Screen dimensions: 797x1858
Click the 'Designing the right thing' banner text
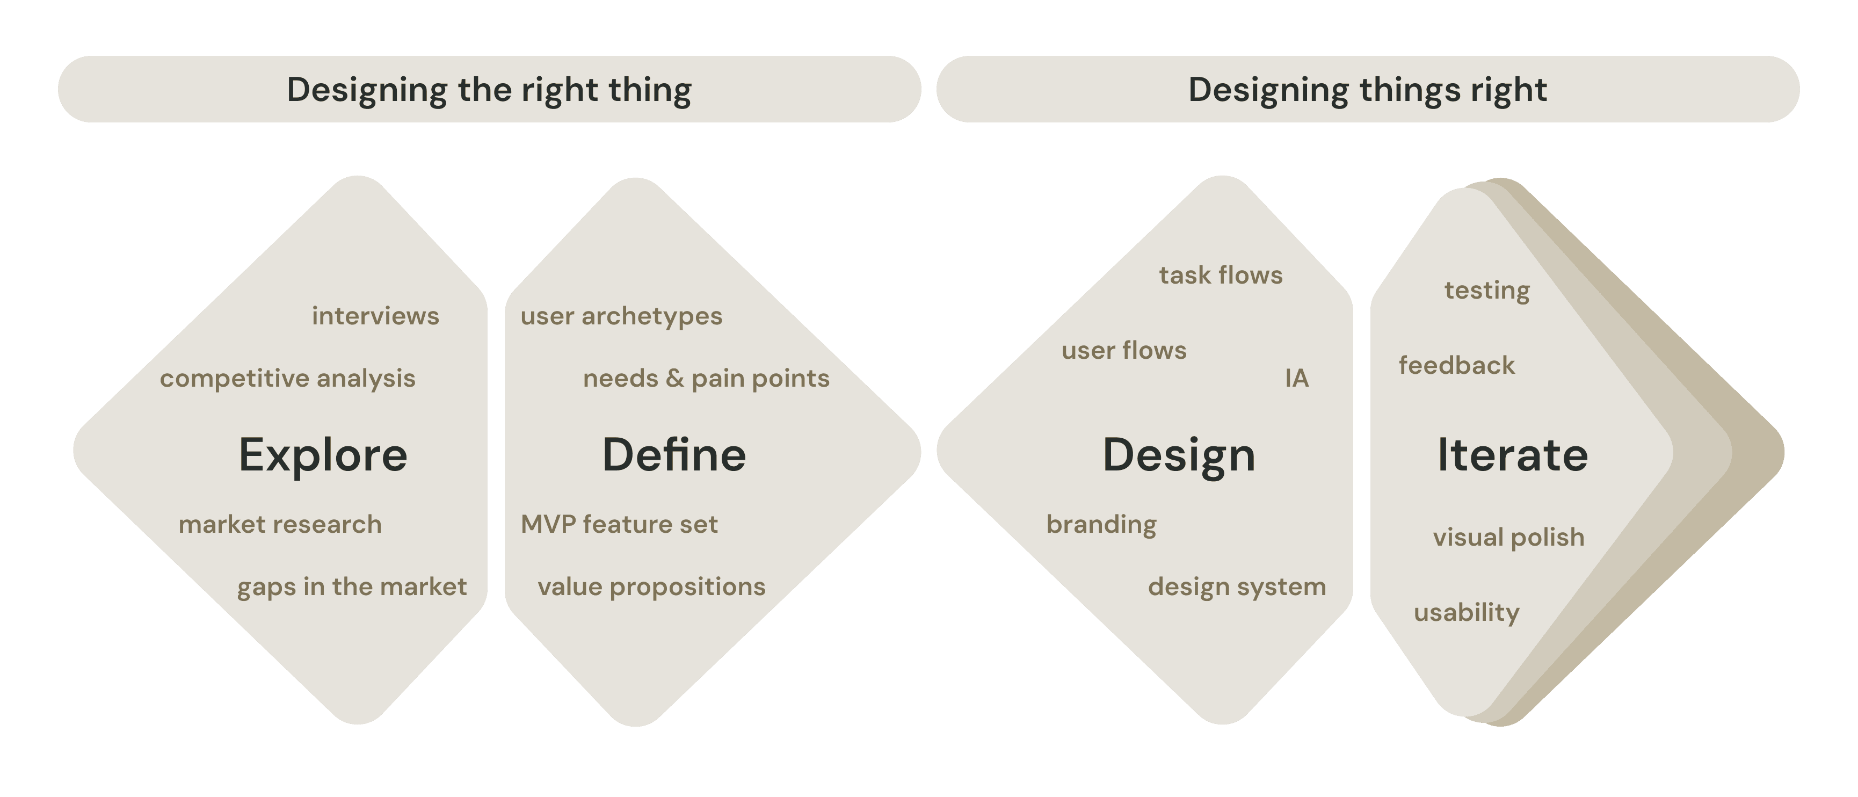click(x=489, y=90)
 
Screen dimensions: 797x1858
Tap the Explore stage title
click(x=323, y=455)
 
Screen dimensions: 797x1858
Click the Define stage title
click(x=674, y=455)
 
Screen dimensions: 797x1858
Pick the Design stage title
click(x=1179, y=455)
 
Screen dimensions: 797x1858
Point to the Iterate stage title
click(x=1513, y=455)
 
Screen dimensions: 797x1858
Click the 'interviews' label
click(x=375, y=316)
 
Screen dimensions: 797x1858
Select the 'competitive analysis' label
click(x=287, y=378)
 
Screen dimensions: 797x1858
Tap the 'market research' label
click(x=280, y=524)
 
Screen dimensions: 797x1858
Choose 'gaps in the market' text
click(x=351, y=586)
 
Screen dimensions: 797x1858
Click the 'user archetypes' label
click(x=621, y=316)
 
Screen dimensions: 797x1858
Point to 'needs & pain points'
click(x=706, y=378)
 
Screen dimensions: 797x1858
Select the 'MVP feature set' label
click(x=619, y=524)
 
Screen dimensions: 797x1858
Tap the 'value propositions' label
click(x=651, y=586)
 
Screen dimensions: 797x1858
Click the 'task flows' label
click(x=1221, y=275)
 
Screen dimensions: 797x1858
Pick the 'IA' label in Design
click(x=1296, y=378)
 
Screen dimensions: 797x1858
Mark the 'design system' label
click(x=1236, y=586)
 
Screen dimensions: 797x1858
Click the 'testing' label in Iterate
click(x=1486, y=290)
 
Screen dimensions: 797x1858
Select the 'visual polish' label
click(x=1508, y=538)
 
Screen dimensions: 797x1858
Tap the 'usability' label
click(x=1467, y=612)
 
